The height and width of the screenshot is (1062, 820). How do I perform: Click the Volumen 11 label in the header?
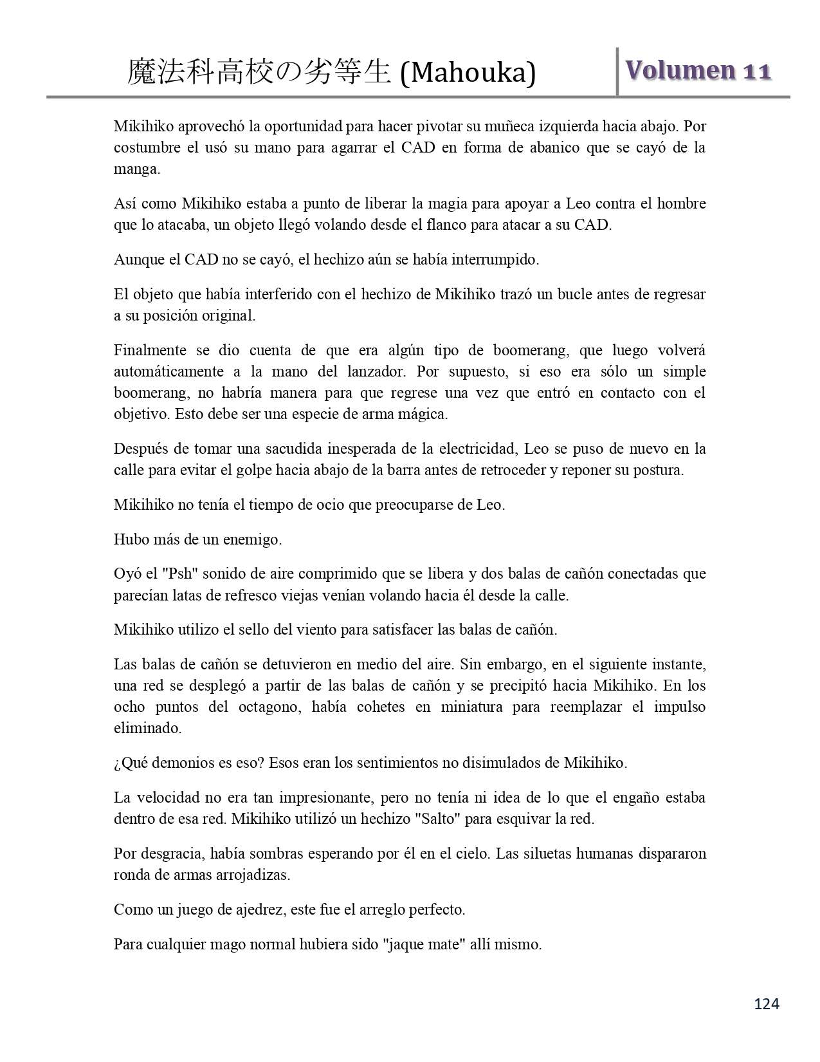coord(698,71)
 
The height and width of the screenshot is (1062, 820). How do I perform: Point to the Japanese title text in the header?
coord(259,72)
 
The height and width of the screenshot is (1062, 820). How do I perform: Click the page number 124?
coord(766,1003)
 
